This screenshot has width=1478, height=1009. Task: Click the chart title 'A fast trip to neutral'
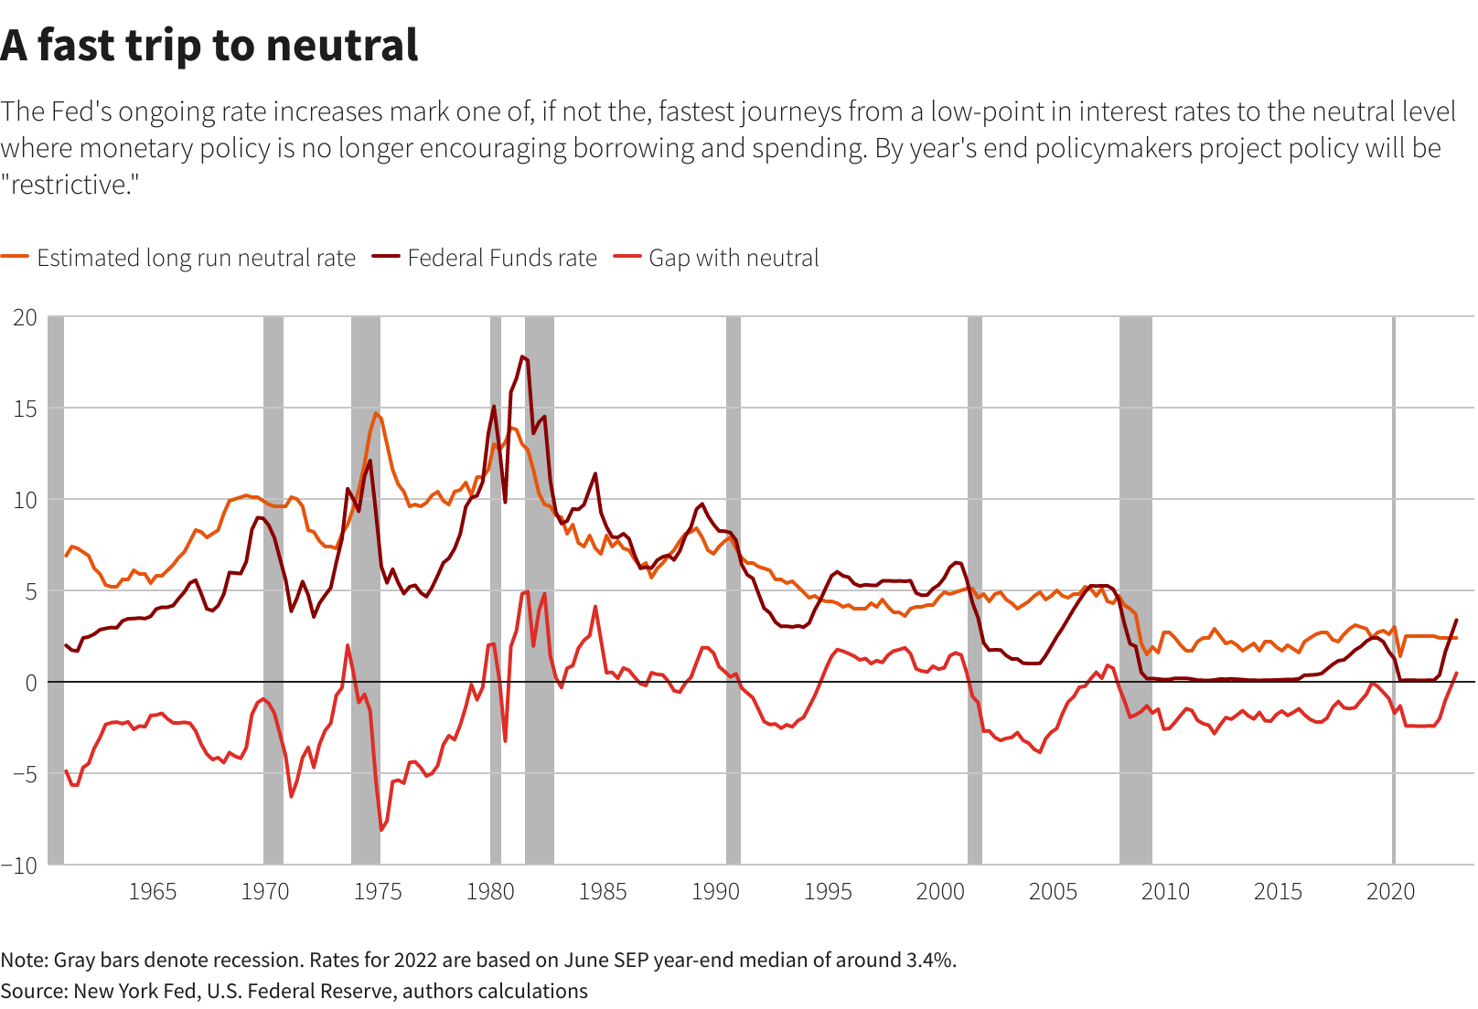(x=209, y=46)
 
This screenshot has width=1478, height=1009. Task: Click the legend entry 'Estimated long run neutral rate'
(x=196, y=259)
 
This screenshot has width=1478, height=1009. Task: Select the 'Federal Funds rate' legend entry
(x=501, y=259)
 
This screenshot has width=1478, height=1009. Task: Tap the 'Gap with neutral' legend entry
(x=733, y=259)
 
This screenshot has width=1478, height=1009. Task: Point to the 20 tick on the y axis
(x=25, y=318)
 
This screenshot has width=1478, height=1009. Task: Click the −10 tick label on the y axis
(x=20, y=866)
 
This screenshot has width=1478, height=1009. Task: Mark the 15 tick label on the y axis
(x=25, y=409)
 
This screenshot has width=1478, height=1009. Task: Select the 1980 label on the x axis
(x=490, y=892)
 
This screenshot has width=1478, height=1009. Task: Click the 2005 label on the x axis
(x=1053, y=892)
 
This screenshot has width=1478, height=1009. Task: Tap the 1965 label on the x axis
(x=152, y=892)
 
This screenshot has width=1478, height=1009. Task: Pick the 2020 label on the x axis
(x=1390, y=892)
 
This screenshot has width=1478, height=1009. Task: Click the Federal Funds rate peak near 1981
(x=522, y=356)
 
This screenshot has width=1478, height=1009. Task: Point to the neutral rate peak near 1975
(x=375, y=413)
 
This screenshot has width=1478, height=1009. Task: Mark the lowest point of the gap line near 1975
(x=381, y=830)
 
